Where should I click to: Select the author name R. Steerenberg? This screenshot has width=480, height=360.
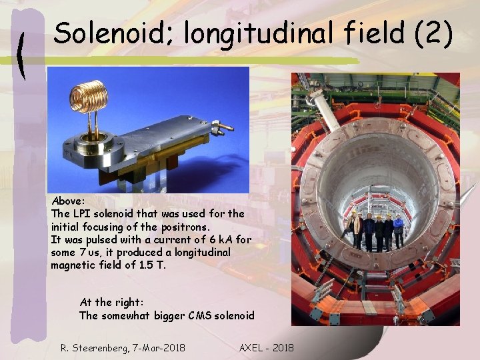[x=93, y=347]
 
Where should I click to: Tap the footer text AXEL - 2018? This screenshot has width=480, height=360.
[x=266, y=347]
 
